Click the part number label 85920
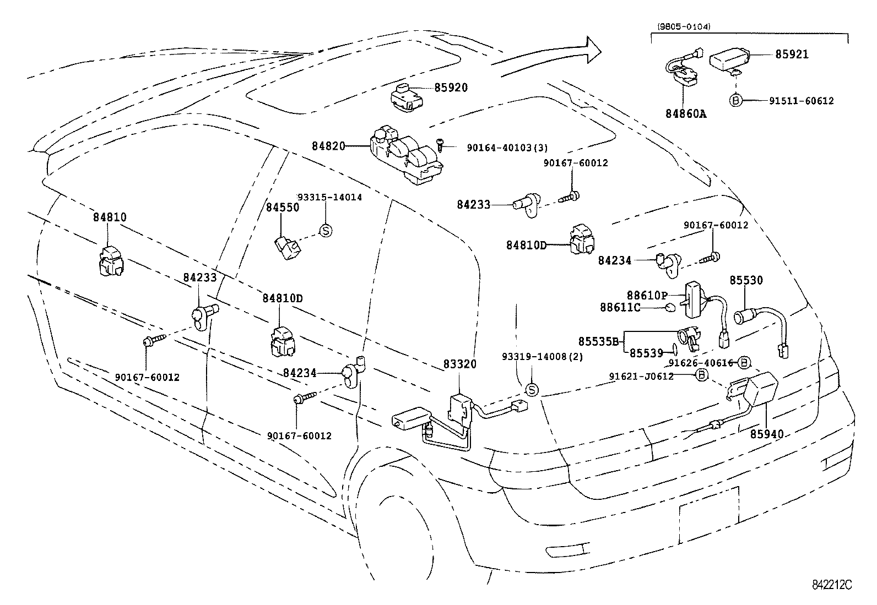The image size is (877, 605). [451, 88]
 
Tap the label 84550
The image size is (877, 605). [283, 208]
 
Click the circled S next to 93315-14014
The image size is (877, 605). [325, 231]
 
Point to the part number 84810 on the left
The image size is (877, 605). [109, 217]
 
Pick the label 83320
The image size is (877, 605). [460, 364]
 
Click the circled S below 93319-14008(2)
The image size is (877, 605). [532, 390]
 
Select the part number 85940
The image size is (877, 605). [766, 434]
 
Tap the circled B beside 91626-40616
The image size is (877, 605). [744, 362]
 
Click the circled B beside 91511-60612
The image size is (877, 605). [735, 100]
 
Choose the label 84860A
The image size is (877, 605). [686, 114]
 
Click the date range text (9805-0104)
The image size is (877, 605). [684, 26]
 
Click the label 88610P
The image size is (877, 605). [647, 295]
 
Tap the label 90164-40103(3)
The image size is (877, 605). [507, 148]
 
